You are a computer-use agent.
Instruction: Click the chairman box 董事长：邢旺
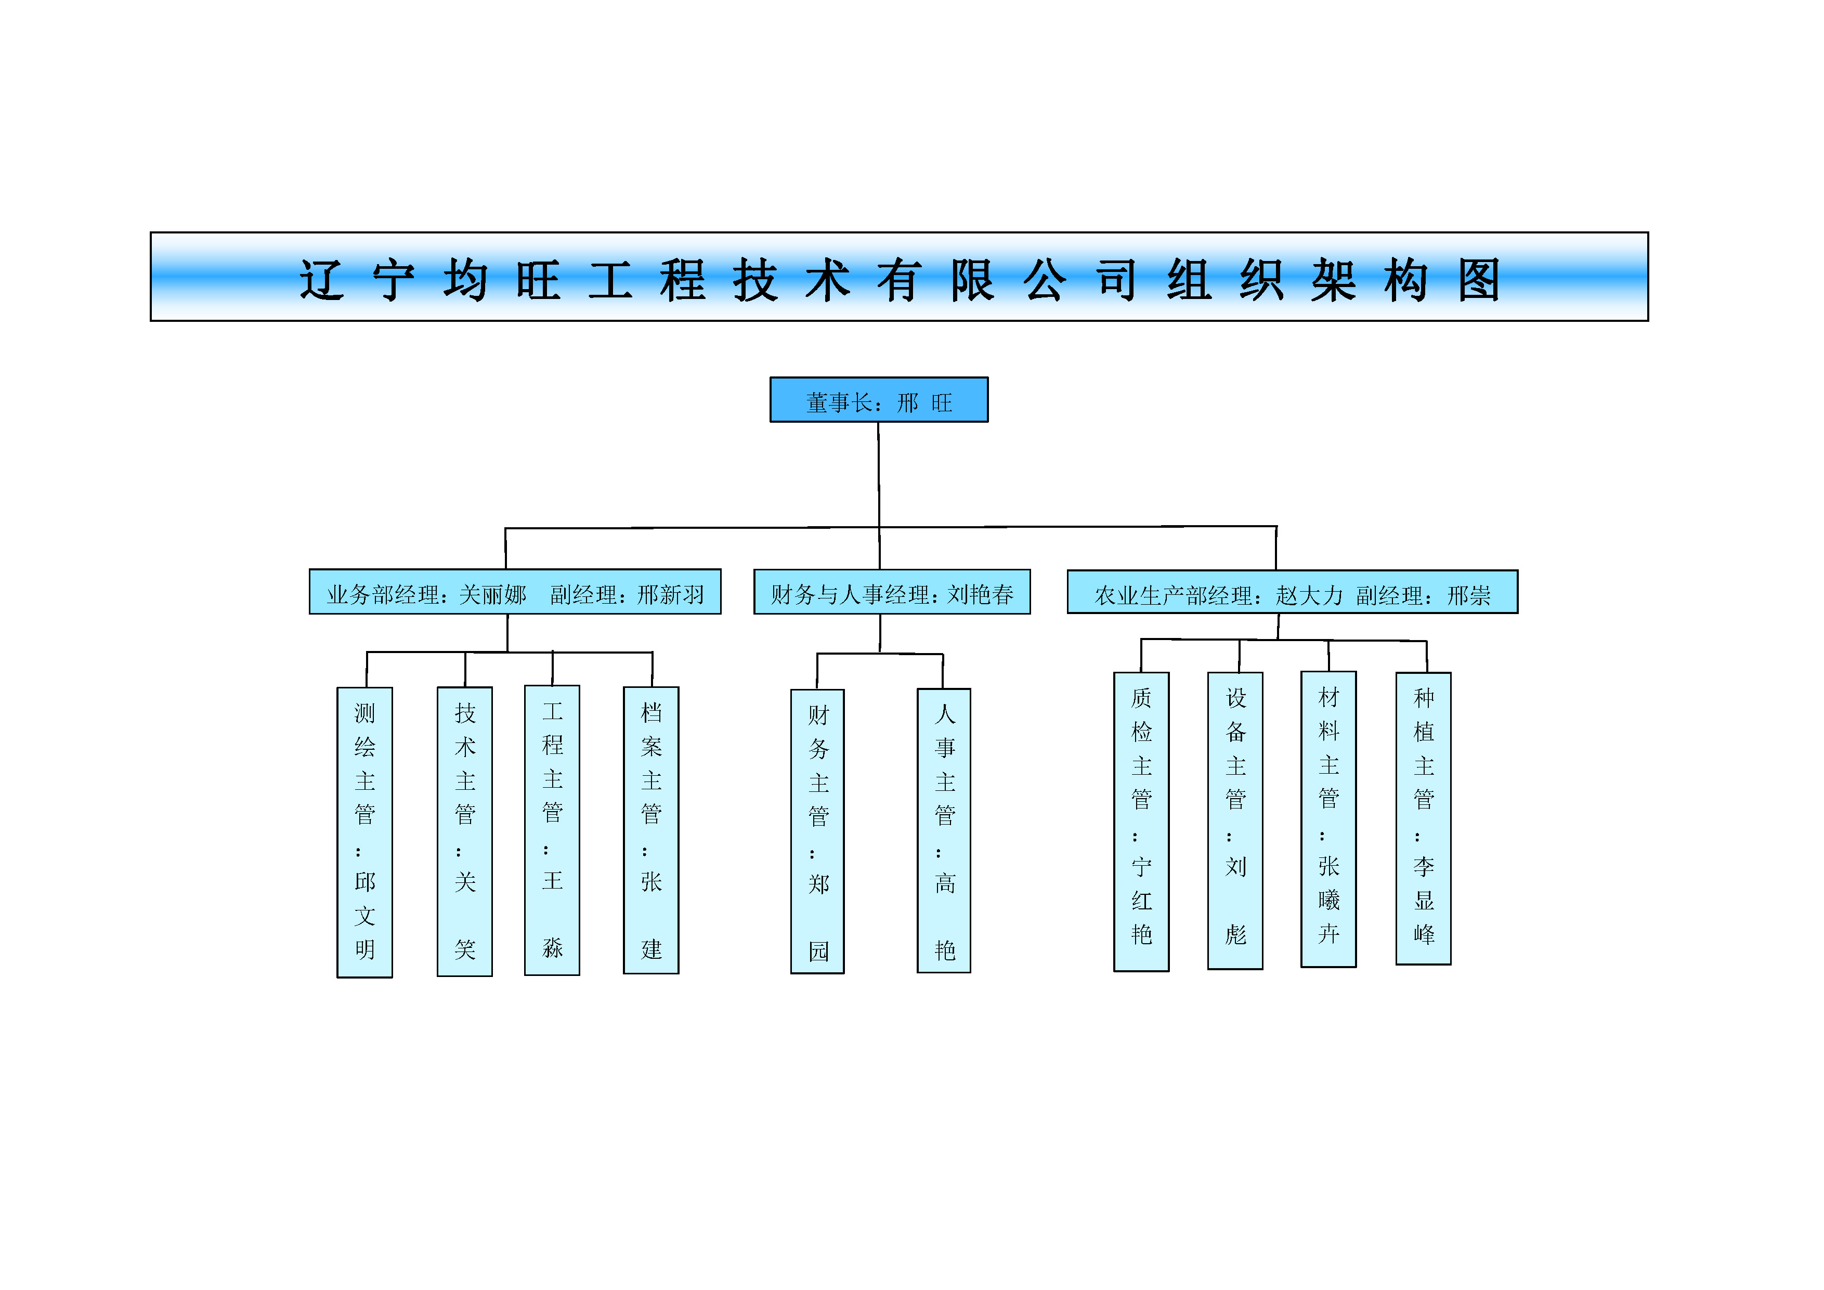[879, 399]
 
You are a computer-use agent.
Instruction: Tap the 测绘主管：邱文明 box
[364, 832]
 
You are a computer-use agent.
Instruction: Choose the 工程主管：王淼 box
[552, 830]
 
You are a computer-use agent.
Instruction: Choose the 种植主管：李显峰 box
[1424, 818]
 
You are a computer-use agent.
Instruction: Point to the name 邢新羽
[671, 595]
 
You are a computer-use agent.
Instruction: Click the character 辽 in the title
[322, 280]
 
